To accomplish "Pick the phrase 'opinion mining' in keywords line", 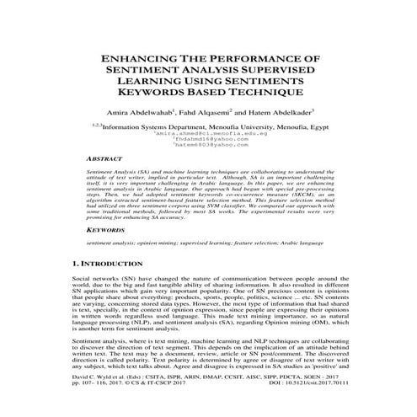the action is (159, 243).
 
